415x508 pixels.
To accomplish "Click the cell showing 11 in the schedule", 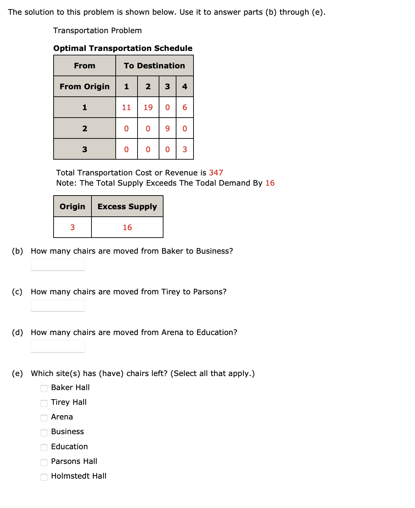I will click(x=126, y=107).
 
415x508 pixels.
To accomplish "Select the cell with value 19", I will click(x=148, y=107).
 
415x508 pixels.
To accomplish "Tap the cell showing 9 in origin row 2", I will click(x=167, y=129).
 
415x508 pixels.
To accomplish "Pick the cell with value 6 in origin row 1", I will click(x=185, y=107).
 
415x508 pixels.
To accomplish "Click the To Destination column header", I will click(x=154, y=66).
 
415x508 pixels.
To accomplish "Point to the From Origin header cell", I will click(x=85, y=86).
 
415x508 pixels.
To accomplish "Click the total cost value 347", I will click(x=216, y=173).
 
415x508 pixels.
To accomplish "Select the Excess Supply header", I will click(x=127, y=206).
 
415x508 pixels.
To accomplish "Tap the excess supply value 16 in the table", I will click(x=127, y=227).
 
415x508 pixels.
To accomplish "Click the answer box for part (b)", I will click(x=58, y=265).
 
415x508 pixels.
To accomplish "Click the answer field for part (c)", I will click(x=58, y=306).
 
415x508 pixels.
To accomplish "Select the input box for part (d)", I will click(x=58, y=346).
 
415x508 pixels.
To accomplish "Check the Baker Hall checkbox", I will click(x=44, y=388).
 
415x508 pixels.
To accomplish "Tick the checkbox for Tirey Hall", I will click(x=44, y=403).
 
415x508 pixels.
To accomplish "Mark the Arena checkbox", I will click(x=44, y=418).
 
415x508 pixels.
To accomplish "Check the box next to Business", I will click(x=44, y=432).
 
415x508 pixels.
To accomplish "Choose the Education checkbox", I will click(x=44, y=447).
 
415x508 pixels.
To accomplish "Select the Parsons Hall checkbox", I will click(x=44, y=462).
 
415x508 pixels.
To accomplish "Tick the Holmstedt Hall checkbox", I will click(x=44, y=477).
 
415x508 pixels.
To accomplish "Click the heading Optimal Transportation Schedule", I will click(x=123, y=48).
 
